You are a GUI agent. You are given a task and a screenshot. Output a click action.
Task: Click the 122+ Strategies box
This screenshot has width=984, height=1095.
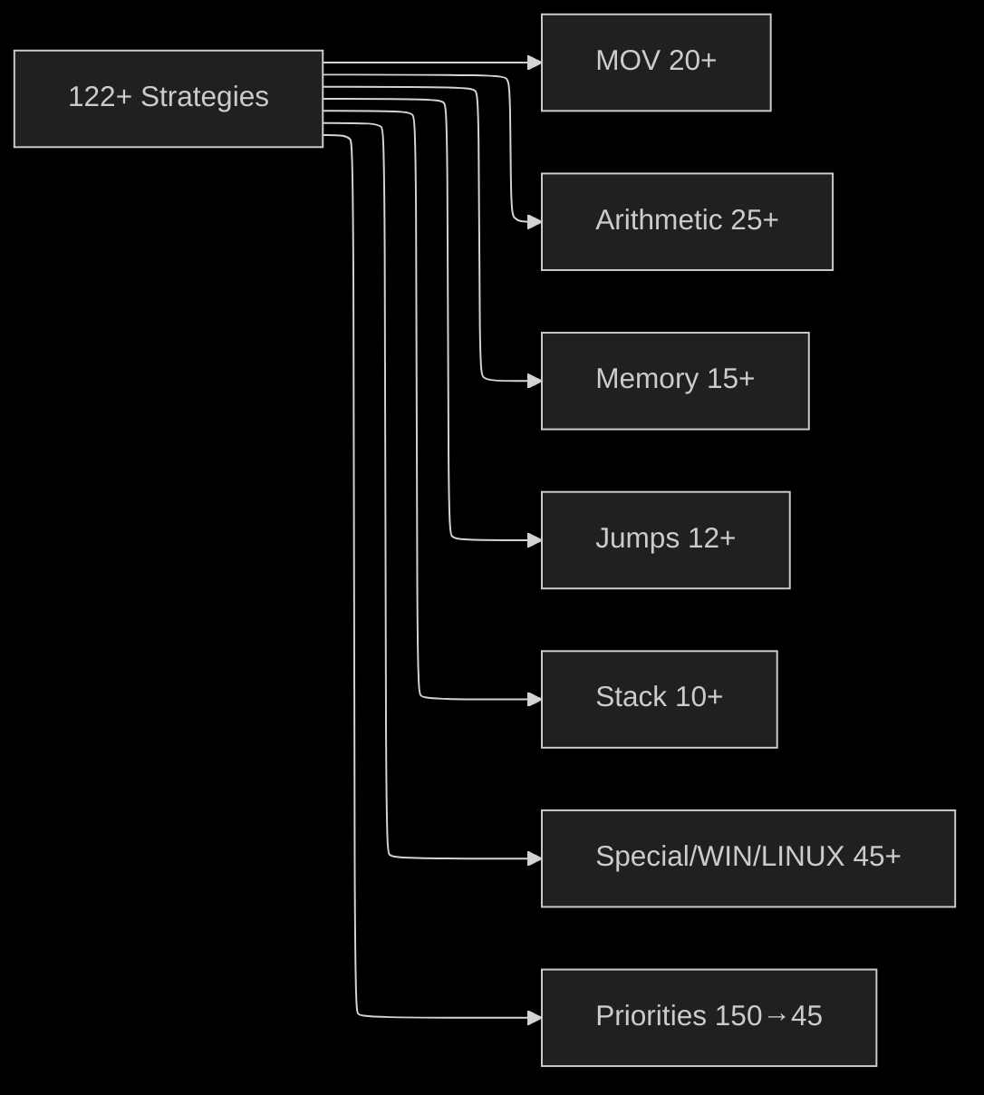pos(169,98)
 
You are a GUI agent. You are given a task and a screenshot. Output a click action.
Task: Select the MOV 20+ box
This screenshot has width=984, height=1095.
pos(656,63)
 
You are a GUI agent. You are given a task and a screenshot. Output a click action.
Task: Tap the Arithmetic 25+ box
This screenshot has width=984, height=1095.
pos(687,221)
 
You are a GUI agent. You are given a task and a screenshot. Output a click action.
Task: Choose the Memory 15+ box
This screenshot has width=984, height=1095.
pos(675,381)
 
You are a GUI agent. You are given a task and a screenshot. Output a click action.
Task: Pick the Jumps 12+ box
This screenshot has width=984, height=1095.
pos(665,539)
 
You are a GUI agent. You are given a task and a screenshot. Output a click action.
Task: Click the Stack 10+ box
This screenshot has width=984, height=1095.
pos(659,699)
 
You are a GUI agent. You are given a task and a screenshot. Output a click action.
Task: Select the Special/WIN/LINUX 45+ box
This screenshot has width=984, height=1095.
pos(748,858)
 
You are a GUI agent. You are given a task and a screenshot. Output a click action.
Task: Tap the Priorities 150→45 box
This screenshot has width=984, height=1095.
pos(709,1017)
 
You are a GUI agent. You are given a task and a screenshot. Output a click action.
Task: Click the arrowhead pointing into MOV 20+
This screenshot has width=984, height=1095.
pos(535,63)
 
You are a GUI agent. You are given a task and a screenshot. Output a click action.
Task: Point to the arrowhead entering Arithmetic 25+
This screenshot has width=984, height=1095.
pos(535,221)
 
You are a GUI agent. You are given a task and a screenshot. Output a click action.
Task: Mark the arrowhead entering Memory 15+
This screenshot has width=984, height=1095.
pos(535,381)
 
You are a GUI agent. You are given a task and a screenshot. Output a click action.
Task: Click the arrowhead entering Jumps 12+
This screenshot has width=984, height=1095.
pos(535,539)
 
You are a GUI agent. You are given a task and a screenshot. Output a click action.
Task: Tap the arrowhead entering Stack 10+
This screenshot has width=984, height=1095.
pos(535,699)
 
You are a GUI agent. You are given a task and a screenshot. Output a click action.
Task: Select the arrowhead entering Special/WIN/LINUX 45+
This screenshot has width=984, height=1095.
pos(535,858)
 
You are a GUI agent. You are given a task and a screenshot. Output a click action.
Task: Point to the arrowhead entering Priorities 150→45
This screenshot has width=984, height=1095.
pos(535,1017)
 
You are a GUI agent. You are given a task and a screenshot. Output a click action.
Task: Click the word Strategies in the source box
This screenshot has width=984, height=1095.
pos(204,97)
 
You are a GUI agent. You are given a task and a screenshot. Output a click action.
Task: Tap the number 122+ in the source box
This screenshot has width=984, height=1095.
pos(100,97)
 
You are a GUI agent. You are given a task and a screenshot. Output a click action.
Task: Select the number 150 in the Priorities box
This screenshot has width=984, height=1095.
pos(738,1016)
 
